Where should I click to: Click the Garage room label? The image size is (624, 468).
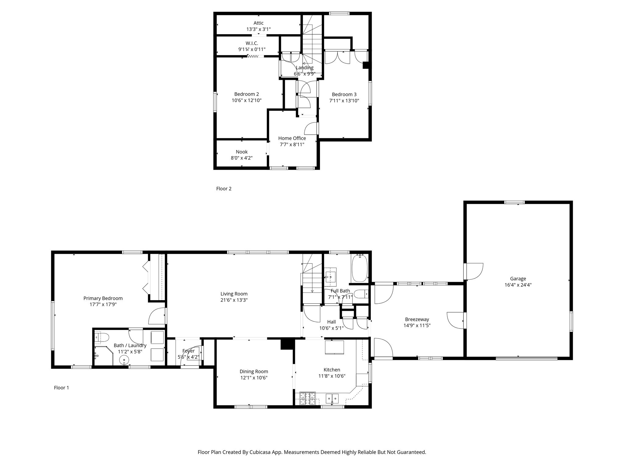[x=518, y=278]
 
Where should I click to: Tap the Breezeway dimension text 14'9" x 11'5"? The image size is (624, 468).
[x=417, y=325]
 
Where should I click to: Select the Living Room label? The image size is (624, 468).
[x=234, y=294]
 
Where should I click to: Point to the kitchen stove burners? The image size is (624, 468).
[x=307, y=398]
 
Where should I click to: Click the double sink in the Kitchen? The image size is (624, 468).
[x=332, y=398]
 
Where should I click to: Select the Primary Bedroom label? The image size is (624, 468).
[x=103, y=298]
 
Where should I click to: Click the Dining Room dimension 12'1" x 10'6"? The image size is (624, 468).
[x=254, y=378]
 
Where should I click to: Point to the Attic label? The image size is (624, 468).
[x=258, y=23]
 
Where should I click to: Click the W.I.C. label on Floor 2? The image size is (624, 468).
[x=252, y=43]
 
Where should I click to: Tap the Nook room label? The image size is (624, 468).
[x=242, y=152]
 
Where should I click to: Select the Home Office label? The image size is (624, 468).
[x=292, y=138]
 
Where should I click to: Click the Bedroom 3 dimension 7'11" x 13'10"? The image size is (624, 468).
[x=344, y=101]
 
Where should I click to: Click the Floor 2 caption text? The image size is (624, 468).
[x=224, y=189]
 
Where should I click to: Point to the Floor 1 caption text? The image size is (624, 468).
[x=61, y=388]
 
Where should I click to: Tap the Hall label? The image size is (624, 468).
[x=331, y=322]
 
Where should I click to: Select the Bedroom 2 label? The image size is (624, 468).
[x=246, y=94]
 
